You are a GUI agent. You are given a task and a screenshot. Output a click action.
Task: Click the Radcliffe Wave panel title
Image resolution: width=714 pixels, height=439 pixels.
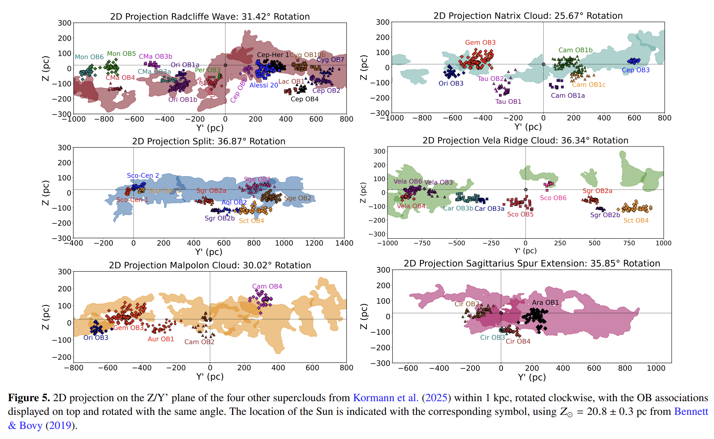(x=210, y=16)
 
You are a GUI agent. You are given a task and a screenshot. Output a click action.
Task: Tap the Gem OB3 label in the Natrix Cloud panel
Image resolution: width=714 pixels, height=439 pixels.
(x=480, y=43)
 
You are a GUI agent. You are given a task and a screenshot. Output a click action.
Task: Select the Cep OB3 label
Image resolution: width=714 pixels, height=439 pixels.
(x=635, y=70)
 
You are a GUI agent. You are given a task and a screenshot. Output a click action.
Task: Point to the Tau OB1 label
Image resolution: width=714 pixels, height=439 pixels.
(x=508, y=102)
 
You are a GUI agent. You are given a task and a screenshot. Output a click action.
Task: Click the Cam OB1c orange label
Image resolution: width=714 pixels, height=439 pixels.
(x=588, y=85)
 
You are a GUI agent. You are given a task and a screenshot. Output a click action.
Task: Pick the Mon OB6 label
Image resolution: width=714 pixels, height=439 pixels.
(x=89, y=57)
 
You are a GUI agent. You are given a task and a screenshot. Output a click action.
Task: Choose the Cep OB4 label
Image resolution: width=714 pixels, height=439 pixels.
(x=304, y=99)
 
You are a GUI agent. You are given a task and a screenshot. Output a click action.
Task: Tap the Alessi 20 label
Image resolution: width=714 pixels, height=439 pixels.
(x=263, y=85)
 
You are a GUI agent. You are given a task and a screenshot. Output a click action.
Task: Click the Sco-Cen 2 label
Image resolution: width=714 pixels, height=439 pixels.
(x=143, y=175)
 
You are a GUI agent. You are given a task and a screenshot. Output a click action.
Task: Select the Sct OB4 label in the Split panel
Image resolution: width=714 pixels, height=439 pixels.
(x=251, y=221)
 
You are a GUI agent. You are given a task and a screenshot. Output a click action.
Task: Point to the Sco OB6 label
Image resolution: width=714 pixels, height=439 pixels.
(x=553, y=198)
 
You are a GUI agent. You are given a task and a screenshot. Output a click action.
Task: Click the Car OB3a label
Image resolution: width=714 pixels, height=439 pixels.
(x=489, y=208)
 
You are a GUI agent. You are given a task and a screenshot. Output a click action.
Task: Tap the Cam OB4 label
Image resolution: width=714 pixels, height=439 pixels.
(x=267, y=286)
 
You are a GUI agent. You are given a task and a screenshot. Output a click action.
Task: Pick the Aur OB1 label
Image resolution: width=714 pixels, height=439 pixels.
(x=161, y=339)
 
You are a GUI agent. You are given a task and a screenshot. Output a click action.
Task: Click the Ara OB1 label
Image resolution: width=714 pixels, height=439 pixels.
(x=545, y=303)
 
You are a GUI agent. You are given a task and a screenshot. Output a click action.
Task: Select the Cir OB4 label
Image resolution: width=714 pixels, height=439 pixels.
(x=518, y=341)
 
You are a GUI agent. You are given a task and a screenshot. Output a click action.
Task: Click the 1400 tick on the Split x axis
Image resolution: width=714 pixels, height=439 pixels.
(x=344, y=243)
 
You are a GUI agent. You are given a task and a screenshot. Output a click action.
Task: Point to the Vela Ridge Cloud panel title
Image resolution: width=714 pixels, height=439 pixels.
(x=525, y=140)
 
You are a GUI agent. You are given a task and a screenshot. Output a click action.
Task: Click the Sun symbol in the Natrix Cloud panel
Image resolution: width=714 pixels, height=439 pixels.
(x=543, y=64)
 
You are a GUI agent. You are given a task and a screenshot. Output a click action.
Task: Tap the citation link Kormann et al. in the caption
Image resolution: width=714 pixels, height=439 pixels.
(x=385, y=398)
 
